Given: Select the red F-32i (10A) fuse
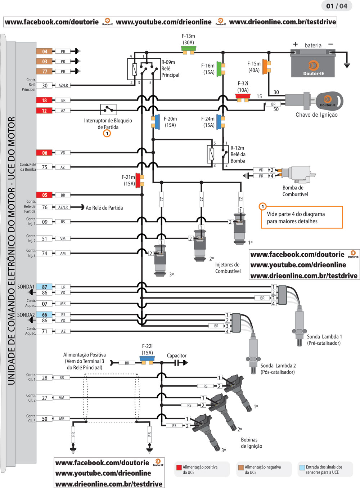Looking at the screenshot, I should point(243,97).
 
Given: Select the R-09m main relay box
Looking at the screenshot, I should point(144,69).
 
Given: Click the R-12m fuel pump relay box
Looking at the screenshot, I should point(218,154).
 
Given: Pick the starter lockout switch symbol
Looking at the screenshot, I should point(108,109).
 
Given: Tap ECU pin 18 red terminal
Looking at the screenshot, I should point(44,100).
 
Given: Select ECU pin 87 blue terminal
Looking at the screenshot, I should point(44,287).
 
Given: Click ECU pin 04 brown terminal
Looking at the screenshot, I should point(44,52).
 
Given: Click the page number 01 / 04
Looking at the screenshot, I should point(337,6).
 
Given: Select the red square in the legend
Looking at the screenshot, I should point(179,467).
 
